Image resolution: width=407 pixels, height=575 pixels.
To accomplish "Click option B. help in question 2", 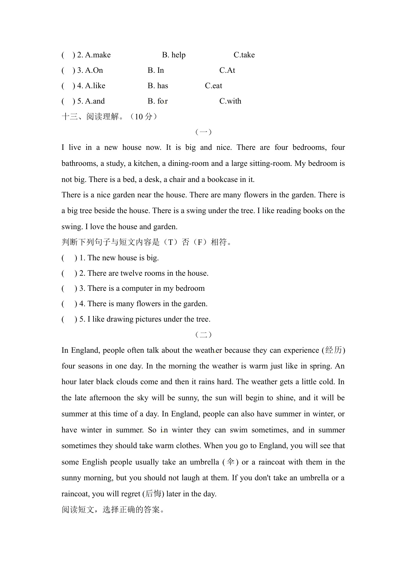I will click(x=173, y=55).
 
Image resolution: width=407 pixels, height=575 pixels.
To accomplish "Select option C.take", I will click(x=244, y=55).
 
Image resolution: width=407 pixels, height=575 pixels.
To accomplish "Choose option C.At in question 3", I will click(x=227, y=70).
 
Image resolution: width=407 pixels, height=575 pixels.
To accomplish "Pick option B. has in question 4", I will click(x=158, y=86).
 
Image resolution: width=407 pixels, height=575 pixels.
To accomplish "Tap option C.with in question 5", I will click(x=230, y=101).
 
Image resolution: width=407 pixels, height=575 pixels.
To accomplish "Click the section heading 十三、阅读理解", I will click(x=110, y=116).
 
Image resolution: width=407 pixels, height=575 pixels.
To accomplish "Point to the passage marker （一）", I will click(x=203, y=132).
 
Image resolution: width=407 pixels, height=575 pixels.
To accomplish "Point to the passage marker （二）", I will click(x=203, y=334).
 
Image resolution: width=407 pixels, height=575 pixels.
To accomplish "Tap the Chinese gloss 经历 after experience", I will click(x=334, y=350).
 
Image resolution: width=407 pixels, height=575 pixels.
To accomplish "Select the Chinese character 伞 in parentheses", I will click(x=231, y=462).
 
